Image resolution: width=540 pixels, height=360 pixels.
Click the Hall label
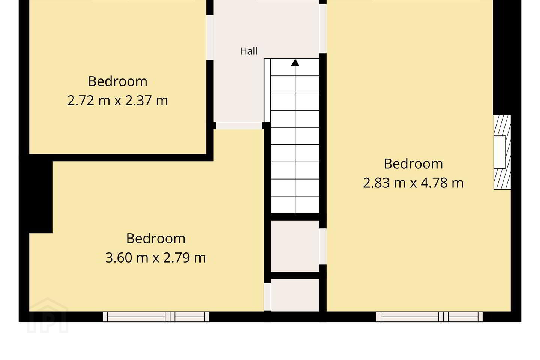[x=249, y=51]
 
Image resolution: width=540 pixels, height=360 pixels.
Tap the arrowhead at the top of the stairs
[x=295, y=63]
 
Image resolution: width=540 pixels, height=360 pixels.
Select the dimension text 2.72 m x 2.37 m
[x=117, y=100]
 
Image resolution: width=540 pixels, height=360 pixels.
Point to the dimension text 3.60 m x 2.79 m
[x=156, y=258]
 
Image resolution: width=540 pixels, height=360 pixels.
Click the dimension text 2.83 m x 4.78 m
[x=413, y=183]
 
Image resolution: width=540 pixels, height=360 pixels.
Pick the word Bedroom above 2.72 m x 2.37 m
[x=118, y=81]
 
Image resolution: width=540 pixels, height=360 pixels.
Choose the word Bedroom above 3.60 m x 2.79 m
[x=156, y=238]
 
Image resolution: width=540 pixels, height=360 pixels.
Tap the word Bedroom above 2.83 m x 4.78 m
[x=413, y=164]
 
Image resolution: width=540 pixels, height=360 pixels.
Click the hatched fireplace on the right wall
[x=502, y=152]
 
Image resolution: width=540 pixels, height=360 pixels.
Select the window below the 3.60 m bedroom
[x=156, y=316]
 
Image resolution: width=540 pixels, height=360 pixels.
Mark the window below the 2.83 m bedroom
[x=429, y=316]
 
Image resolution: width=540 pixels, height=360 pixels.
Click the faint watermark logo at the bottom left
[x=48, y=315]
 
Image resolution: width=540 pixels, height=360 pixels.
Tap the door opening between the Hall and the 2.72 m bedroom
[x=210, y=37]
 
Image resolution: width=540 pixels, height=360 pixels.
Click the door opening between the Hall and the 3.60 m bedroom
[x=238, y=126]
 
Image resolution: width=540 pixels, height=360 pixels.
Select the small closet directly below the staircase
[x=295, y=246]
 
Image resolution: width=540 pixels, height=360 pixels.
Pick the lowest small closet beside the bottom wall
[x=295, y=295]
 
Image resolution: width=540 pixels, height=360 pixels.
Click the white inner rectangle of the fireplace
[x=499, y=152]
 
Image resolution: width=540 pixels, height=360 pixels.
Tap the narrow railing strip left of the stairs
[x=267, y=90]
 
